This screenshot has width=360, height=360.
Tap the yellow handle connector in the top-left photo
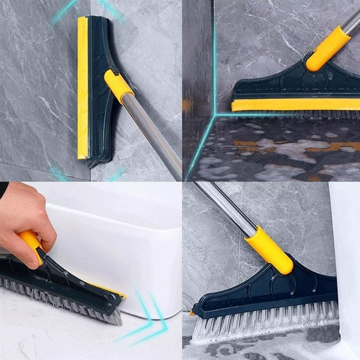tap(118, 86)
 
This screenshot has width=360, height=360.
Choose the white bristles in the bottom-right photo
tap(266, 324)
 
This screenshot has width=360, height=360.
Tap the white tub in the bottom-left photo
tap(119, 248)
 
